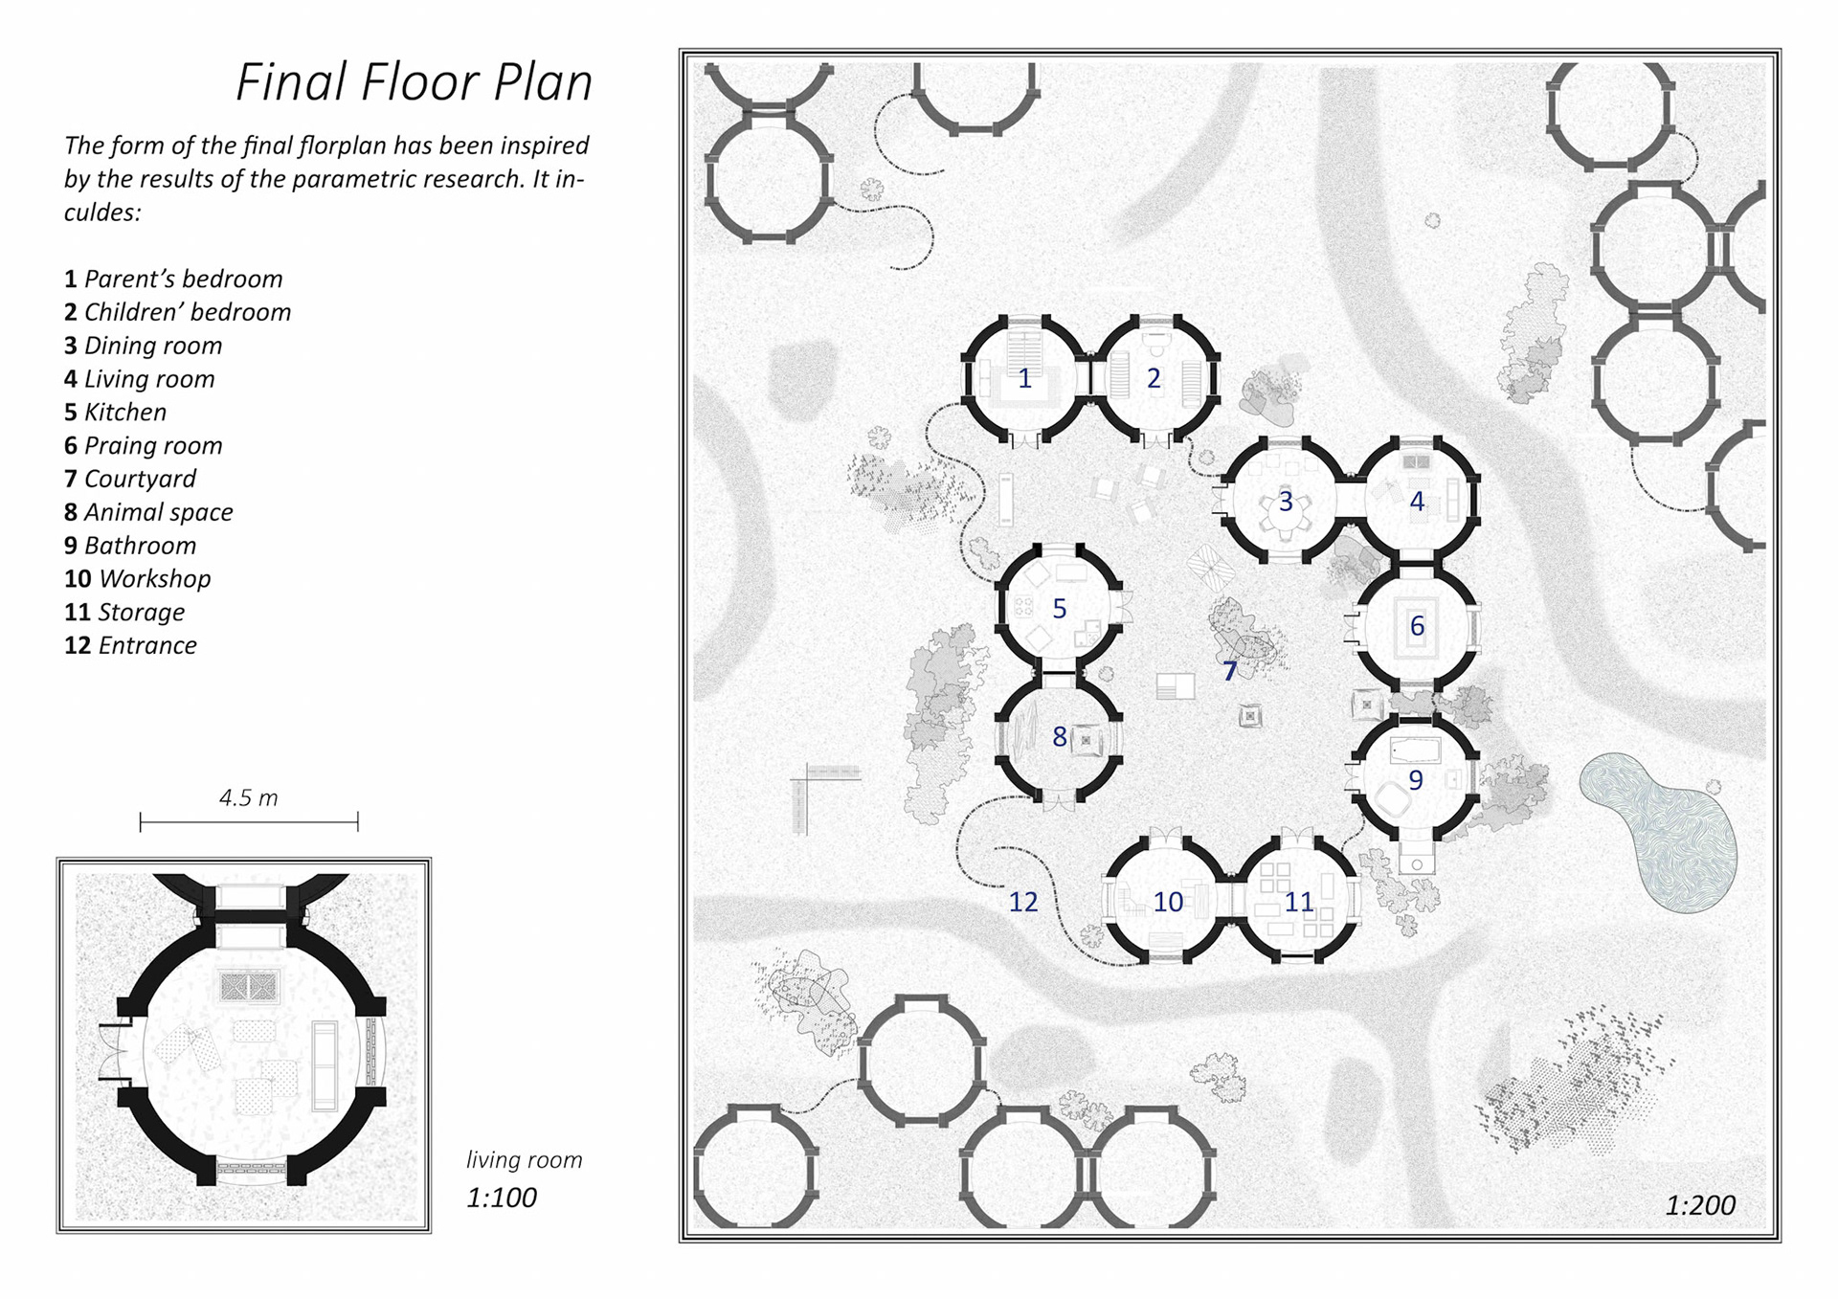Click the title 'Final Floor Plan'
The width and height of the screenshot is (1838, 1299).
pos(414,82)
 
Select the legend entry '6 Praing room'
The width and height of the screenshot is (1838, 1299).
pos(144,446)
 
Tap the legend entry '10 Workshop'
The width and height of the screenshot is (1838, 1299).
pos(138,579)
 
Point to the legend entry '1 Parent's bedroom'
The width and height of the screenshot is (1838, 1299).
pos(173,280)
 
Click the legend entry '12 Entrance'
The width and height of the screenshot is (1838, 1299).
pos(130,645)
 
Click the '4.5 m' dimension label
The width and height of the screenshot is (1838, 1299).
pos(249,798)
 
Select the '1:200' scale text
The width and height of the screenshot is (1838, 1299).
pos(1700,1205)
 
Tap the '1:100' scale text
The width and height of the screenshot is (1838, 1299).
pos(502,1198)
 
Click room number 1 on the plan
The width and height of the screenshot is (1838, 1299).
pos(1024,379)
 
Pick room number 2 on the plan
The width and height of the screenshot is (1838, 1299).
pos(1154,379)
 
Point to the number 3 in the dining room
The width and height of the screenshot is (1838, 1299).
pos(1286,502)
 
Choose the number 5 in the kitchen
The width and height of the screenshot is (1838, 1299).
pos(1060,609)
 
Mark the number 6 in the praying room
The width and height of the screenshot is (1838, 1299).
pos(1418,626)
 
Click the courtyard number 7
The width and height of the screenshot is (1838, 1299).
pos(1230,672)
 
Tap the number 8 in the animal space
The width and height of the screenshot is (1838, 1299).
pos(1060,737)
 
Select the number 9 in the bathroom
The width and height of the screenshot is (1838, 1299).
pos(1416,781)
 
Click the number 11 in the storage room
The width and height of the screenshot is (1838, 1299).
pos(1299,902)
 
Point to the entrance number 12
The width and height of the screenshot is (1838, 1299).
pos(1023,902)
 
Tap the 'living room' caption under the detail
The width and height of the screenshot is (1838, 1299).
pos(525,1160)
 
